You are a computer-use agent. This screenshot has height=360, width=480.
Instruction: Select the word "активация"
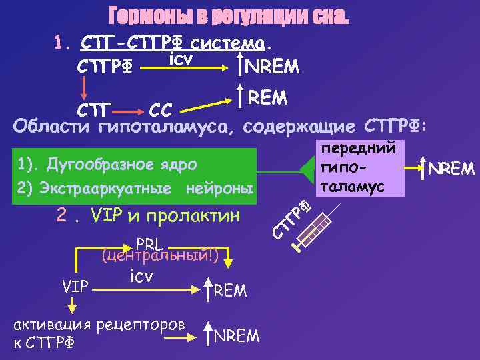coord(53,325)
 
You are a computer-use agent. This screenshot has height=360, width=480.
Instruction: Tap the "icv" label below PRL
coord(141,275)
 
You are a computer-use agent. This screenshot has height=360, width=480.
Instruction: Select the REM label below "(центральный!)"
coord(230,291)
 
